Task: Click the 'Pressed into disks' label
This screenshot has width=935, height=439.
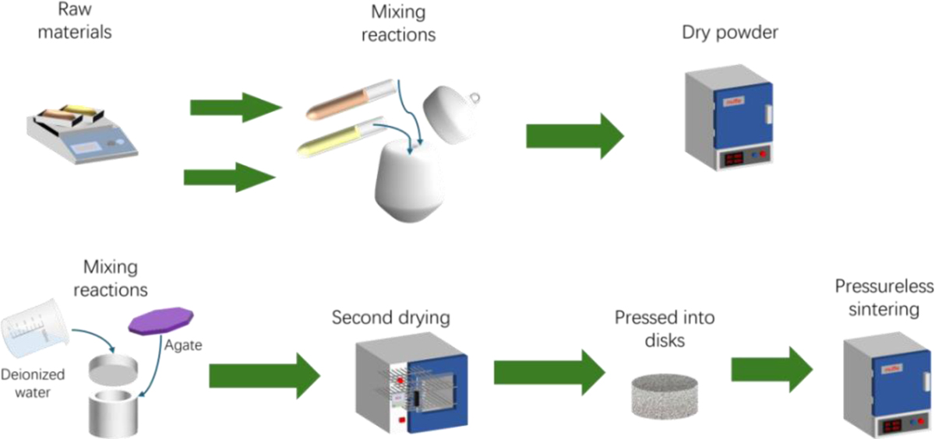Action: (x=665, y=327)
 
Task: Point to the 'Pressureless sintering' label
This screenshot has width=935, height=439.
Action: (x=884, y=299)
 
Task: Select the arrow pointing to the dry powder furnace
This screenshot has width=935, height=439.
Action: (x=574, y=135)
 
